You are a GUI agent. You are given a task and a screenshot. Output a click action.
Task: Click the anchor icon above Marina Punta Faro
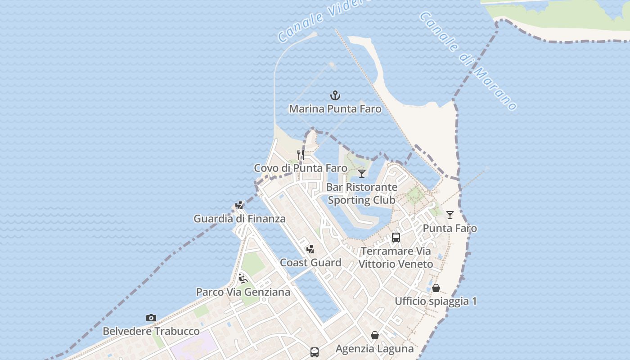[x=335, y=95]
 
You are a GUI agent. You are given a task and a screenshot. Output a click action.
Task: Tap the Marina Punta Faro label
[x=335, y=109]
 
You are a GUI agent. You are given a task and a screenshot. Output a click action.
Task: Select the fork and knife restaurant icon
[x=301, y=155]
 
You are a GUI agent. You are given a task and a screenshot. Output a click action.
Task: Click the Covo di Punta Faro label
[x=301, y=168]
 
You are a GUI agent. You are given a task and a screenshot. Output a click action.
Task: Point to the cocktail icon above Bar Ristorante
[x=362, y=174]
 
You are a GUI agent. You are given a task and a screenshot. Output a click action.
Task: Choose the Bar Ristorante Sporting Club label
[x=362, y=193]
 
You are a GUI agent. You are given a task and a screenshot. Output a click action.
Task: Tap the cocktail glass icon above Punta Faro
[x=450, y=215]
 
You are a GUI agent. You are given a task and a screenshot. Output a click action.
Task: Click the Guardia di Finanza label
[x=239, y=219]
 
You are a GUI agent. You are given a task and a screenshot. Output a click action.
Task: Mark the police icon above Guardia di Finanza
[x=239, y=205]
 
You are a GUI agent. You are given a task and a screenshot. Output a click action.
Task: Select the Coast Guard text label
[x=310, y=263]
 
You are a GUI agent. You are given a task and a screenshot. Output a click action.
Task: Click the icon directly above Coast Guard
[x=310, y=249]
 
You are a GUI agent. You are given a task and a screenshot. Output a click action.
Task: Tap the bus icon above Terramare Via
[x=396, y=237]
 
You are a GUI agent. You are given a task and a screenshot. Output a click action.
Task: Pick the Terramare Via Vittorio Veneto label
[x=396, y=257]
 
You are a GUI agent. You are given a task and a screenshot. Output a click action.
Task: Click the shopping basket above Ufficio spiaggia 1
[x=436, y=288]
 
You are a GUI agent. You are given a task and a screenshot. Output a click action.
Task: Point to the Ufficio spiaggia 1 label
[x=436, y=301]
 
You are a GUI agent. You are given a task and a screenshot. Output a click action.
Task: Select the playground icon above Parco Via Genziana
[x=243, y=279]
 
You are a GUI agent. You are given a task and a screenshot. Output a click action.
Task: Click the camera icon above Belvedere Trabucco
[x=151, y=318]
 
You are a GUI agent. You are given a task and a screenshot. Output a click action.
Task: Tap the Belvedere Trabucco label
[x=151, y=332]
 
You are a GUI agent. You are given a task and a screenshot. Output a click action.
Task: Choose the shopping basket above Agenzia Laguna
[x=374, y=335]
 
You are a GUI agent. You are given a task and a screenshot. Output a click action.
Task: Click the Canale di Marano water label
[x=468, y=61]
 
